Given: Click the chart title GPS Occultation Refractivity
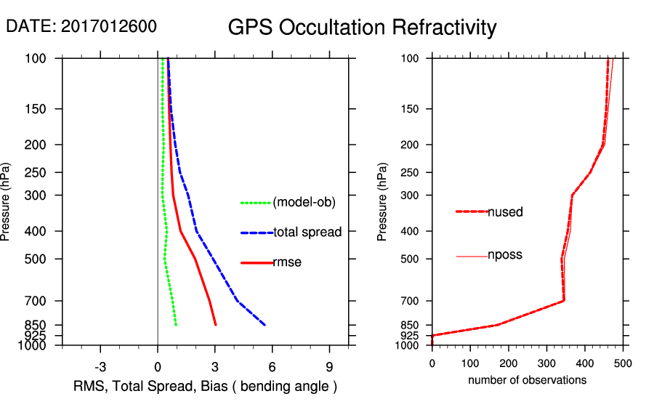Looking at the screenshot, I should tap(362, 28).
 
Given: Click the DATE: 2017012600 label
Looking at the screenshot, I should tap(81, 26).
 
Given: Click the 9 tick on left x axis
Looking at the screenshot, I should tap(329, 366).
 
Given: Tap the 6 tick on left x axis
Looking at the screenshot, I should tap(272, 366).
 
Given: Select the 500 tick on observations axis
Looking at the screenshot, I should tap(623, 363).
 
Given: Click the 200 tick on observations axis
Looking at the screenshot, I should tap(508, 363).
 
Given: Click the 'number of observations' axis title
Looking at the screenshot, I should tap(527, 380).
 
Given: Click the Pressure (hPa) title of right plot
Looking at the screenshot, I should tap(383, 202).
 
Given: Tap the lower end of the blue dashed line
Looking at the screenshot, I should tap(265, 325).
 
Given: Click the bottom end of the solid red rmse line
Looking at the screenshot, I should tap(215, 325).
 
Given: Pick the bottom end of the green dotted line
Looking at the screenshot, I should tap(176, 325).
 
